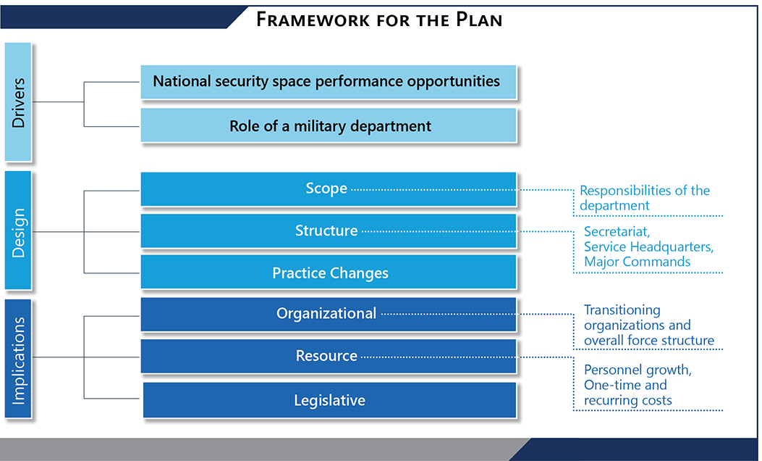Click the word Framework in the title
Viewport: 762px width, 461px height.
(x=313, y=20)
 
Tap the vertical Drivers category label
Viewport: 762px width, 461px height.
(x=18, y=102)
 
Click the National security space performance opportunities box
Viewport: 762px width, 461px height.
(x=329, y=82)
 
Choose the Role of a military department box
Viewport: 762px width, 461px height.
(x=329, y=125)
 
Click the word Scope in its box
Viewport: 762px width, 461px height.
(x=326, y=188)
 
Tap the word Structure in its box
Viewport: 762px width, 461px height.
(x=326, y=230)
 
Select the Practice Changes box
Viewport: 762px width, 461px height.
(x=329, y=272)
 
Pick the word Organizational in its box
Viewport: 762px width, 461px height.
(x=326, y=313)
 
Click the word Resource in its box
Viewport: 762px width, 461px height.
(x=326, y=356)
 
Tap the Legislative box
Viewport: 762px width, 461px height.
(x=329, y=400)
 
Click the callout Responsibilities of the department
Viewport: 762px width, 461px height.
(x=644, y=198)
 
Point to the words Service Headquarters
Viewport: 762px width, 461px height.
(x=648, y=246)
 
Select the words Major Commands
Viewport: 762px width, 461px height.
(x=637, y=262)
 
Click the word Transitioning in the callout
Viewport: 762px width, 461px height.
(x=622, y=310)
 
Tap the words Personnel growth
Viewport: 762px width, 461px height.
(x=638, y=370)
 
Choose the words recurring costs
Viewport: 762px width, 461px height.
(x=628, y=400)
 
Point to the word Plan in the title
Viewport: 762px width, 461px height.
(x=478, y=20)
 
